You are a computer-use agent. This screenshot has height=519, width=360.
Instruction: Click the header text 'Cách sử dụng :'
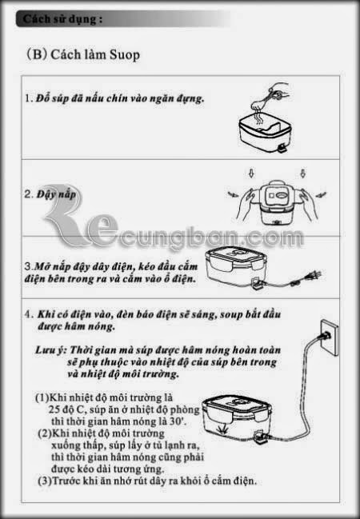pos(62,19)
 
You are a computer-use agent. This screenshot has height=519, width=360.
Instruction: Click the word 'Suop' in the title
pos(125,55)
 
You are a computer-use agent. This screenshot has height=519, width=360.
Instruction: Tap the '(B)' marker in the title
pos(37,54)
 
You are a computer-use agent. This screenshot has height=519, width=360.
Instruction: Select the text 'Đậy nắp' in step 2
pos(56,194)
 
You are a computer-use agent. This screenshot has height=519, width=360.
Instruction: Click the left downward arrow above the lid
pos(251,174)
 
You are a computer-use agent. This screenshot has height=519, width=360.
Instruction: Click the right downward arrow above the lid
pos(302,173)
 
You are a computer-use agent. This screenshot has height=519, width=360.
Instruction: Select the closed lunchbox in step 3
pos(236,267)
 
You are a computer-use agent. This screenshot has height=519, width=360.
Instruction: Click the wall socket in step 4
pos(330,337)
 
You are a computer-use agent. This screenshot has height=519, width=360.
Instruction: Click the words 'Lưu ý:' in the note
pos(51,350)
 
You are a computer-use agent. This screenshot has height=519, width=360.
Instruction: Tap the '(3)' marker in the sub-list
pos(45,481)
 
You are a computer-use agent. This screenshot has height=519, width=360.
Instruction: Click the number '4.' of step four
pos(29,314)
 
